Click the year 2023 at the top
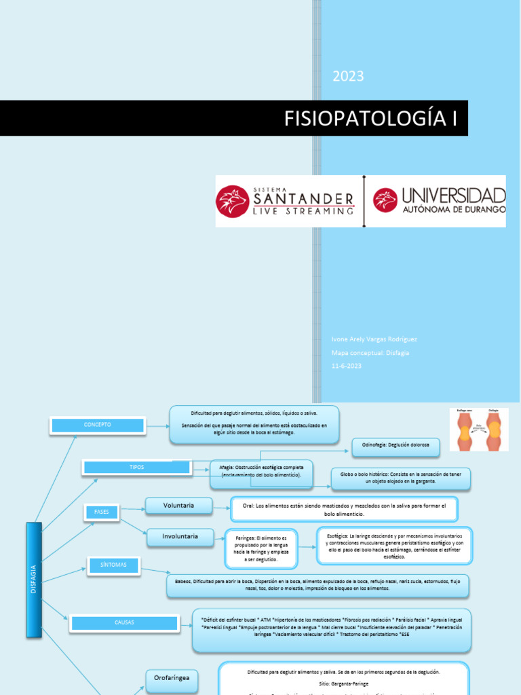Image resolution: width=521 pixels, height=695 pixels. pos(348,76)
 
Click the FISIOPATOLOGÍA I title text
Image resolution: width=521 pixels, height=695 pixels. pos(370,118)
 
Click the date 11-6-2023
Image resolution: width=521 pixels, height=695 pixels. pos(347,366)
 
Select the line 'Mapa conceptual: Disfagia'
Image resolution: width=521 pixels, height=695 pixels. pos(370,352)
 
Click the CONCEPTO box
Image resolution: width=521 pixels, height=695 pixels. pos(97,425)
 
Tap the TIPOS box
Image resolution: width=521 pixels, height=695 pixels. pos(136,467)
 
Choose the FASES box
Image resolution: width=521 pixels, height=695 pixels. pos(101,512)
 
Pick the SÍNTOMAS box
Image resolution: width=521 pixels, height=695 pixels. pos(113,565)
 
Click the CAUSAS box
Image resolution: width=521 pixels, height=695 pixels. pos(124,622)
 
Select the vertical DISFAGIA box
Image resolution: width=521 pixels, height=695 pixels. pos(34,580)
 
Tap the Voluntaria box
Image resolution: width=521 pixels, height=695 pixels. pos(178,506)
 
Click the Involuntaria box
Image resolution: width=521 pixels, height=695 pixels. pos(180,537)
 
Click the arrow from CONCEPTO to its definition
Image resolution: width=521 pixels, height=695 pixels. pos(158,426)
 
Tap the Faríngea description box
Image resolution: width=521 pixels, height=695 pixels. pos(261,548)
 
